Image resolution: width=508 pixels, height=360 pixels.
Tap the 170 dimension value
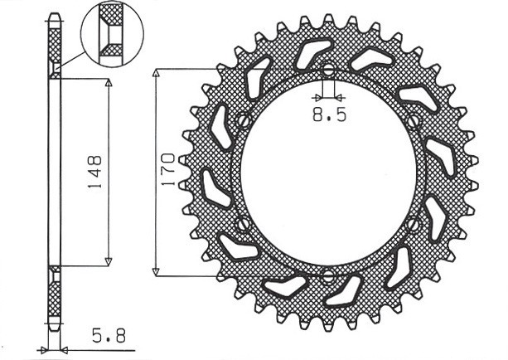click(167, 171)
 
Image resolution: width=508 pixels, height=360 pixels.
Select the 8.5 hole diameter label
click(329, 116)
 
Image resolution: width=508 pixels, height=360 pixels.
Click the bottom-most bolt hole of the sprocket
click(327, 275)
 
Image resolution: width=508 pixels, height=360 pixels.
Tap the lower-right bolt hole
click(414, 223)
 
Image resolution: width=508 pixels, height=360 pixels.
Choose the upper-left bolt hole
click(243, 121)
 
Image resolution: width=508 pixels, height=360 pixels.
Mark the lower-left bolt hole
click(242, 224)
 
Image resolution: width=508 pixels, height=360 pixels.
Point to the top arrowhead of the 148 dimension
click(108, 84)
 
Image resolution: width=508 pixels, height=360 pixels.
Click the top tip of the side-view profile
click(55, 15)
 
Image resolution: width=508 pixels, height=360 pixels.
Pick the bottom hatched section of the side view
click(55, 294)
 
